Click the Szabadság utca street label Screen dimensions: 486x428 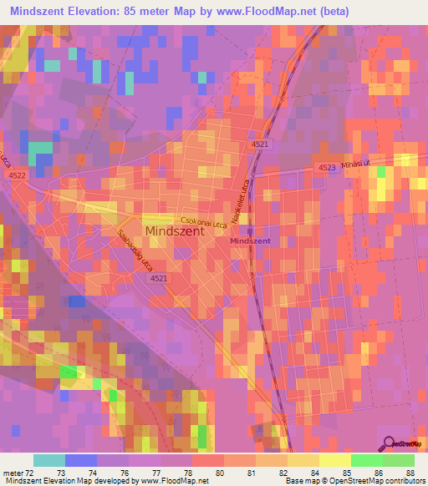tap(134, 248)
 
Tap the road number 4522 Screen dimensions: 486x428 tap(17, 175)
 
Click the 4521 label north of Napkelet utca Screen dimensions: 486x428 tap(259, 144)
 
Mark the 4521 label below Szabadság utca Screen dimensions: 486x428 tap(157, 278)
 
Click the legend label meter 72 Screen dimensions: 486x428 tap(16, 473)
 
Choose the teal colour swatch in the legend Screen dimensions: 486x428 tap(49, 460)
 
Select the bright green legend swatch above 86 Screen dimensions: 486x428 tap(367, 460)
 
